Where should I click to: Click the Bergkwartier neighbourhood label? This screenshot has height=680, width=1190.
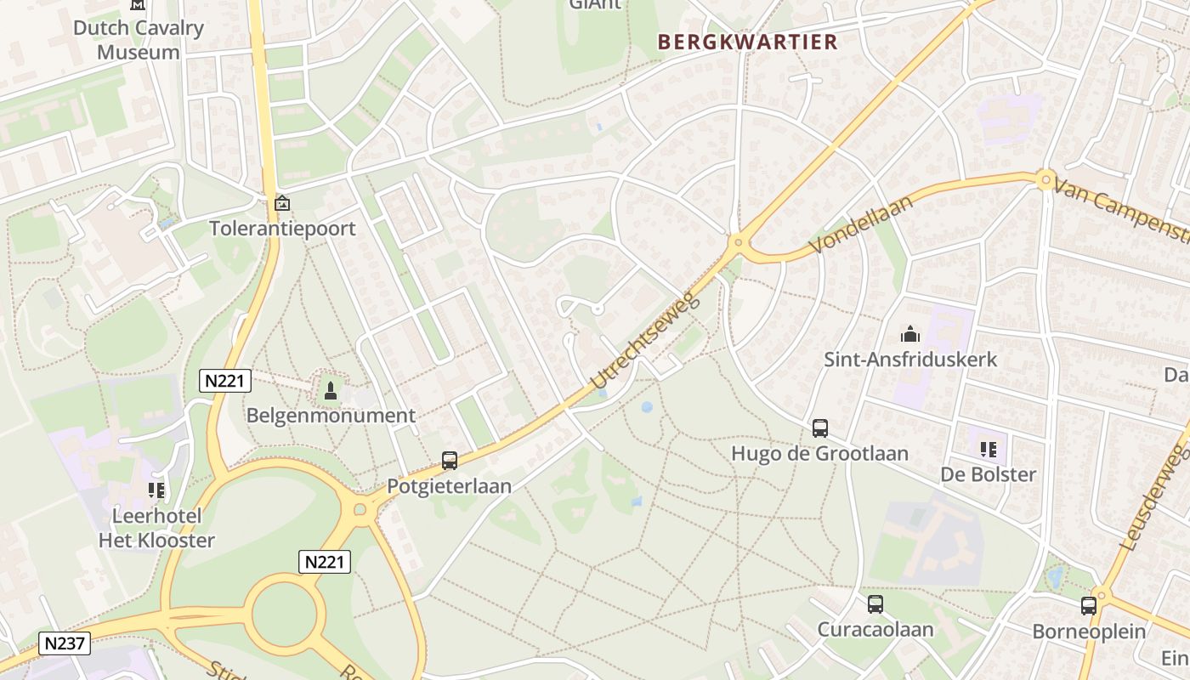[747, 42]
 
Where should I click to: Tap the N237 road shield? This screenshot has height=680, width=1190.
[65, 643]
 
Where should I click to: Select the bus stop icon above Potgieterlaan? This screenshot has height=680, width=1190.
[450, 461]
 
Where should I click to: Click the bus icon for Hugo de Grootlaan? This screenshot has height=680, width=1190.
[820, 428]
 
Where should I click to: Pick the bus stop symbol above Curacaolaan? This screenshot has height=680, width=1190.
[875, 604]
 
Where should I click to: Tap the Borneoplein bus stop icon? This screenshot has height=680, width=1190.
[1089, 606]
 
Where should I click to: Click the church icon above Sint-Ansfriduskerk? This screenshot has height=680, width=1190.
[910, 334]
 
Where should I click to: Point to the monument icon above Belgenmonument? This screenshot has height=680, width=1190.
[331, 391]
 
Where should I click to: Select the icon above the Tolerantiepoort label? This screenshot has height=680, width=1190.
[282, 204]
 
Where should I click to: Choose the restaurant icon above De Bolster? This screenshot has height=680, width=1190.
[988, 449]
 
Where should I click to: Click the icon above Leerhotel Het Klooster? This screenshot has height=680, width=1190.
[156, 490]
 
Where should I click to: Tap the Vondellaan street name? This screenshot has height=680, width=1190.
[860, 224]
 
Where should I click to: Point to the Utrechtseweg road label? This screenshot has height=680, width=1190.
[644, 341]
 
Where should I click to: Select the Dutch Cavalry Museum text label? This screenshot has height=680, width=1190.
[139, 40]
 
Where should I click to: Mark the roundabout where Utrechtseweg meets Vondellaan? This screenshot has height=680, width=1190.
[737, 243]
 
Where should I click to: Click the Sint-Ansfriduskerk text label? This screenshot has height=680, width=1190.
[910, 360]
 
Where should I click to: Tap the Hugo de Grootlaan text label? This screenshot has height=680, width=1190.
[819, 453]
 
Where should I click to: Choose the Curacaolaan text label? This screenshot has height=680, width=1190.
[875, 630]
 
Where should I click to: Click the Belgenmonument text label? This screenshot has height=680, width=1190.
[331, 416]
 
